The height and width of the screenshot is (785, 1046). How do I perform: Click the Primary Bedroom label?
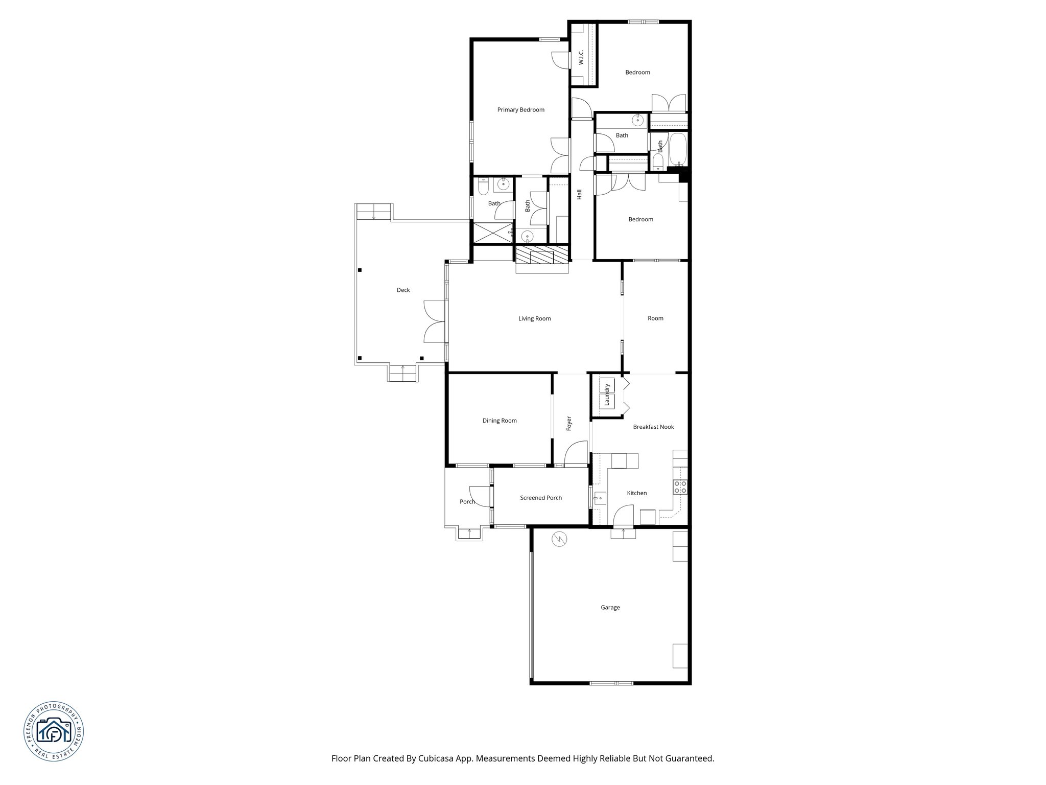(x=521, y=110)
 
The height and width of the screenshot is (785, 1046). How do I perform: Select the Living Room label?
(x=534, y=318)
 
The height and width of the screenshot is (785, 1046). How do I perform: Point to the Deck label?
(x=403, y=290)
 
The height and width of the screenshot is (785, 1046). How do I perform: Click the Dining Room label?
(x=500, y=421)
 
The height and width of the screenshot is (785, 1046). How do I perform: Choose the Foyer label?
(x=569, y=424)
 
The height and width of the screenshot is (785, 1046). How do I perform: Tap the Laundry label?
(x=607, y=395)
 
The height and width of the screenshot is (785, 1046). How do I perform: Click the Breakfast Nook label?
(x=653, y=427)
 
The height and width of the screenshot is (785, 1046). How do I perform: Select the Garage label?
(x=610, y=608)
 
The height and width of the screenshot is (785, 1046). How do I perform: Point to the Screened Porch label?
(x=541, y=498)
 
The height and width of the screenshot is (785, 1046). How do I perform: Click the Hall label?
(x=579, y=195)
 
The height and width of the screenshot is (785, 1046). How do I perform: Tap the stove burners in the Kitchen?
(x=680, y=487)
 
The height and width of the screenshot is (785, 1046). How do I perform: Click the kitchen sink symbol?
(x=600, y=497)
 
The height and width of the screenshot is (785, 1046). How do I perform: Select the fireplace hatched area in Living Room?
(x=541, y=255)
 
